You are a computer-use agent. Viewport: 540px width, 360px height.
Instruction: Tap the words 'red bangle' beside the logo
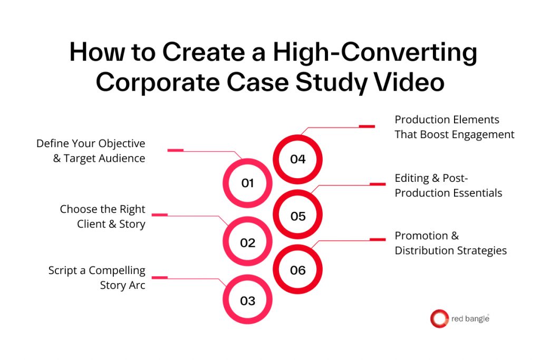coord(470,319)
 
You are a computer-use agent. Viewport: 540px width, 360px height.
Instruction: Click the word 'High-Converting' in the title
coord(375,53)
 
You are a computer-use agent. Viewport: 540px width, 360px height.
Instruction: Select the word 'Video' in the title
coord(409,83)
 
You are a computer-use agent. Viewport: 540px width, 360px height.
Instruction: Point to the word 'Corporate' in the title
coord(158,83)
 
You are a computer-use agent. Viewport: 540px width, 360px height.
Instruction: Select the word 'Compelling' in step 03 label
coord(117,271)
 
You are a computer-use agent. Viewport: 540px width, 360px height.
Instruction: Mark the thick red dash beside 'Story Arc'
coord(159,277)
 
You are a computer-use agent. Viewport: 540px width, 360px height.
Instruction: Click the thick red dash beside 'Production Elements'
coord(367,127)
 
